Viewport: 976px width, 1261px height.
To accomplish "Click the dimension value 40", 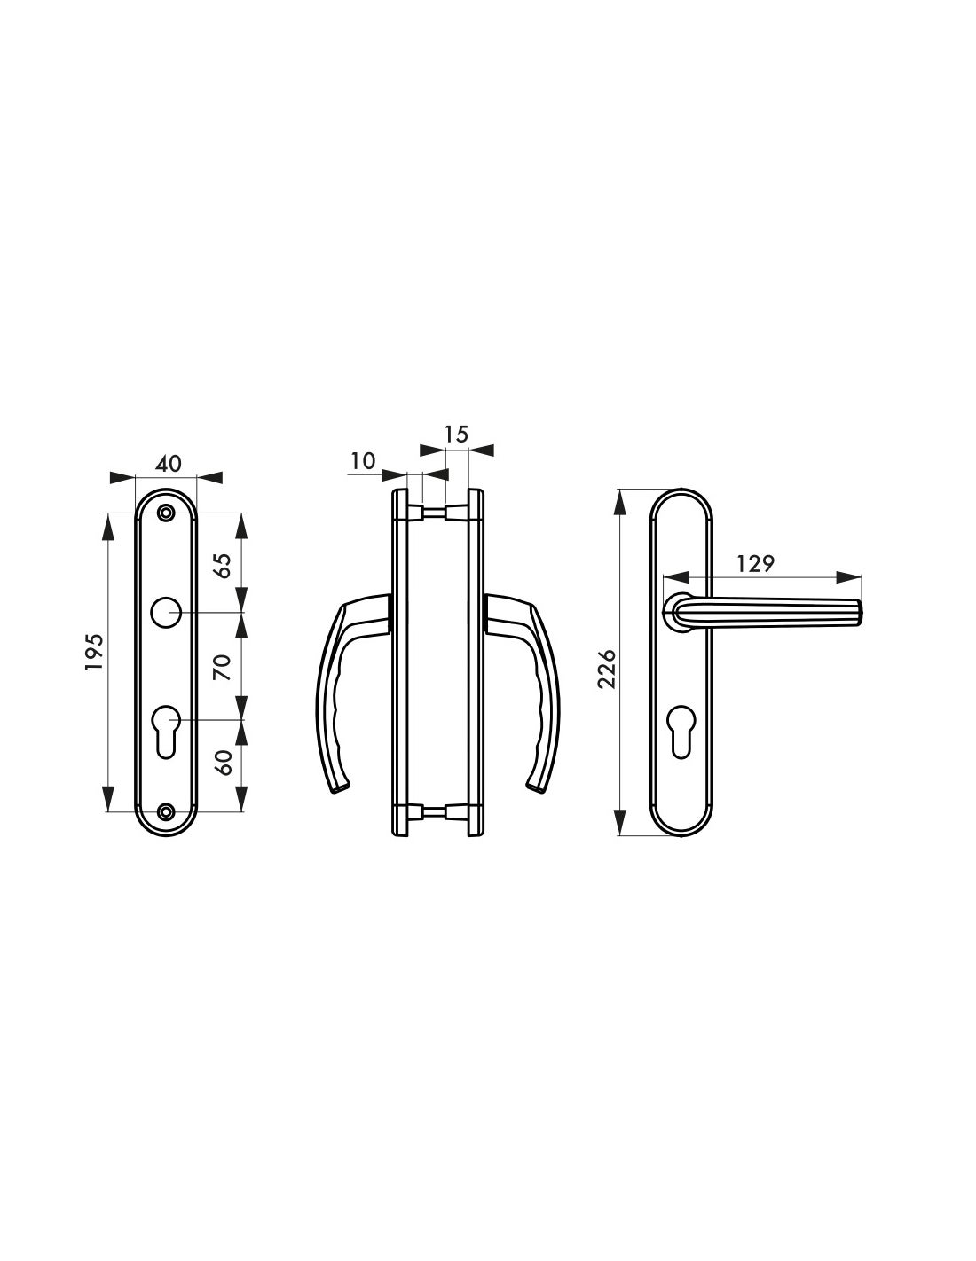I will (168, 464).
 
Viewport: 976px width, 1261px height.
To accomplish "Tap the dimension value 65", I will (224, 564).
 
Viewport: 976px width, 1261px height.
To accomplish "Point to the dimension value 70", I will (224, 666).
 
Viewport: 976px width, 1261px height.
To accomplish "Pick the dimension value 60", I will (224, 762).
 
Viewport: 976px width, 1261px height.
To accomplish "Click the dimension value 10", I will (364, 461).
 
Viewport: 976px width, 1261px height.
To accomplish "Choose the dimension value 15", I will (455, 435).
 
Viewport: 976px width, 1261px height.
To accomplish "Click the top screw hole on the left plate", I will (166, 513).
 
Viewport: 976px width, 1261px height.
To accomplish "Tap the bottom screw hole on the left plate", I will (166, 811).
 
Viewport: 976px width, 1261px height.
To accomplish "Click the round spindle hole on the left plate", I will (166, 613).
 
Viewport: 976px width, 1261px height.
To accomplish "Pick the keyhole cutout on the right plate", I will (681, 729).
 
